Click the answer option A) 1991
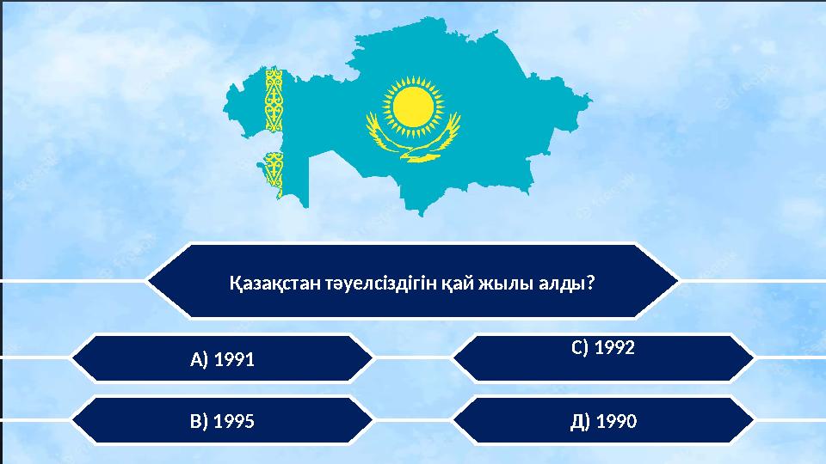[x=222, y=358]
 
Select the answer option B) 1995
[x=222, y=421]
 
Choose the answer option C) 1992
[x=603, y=349]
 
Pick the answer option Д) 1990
[x=603, y=421]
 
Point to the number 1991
[x=235, y=358]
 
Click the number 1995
[x=234, y=421]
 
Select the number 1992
[x=614, y=349]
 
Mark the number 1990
[x=616, y=421]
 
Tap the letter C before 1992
[x=576, y=349]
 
